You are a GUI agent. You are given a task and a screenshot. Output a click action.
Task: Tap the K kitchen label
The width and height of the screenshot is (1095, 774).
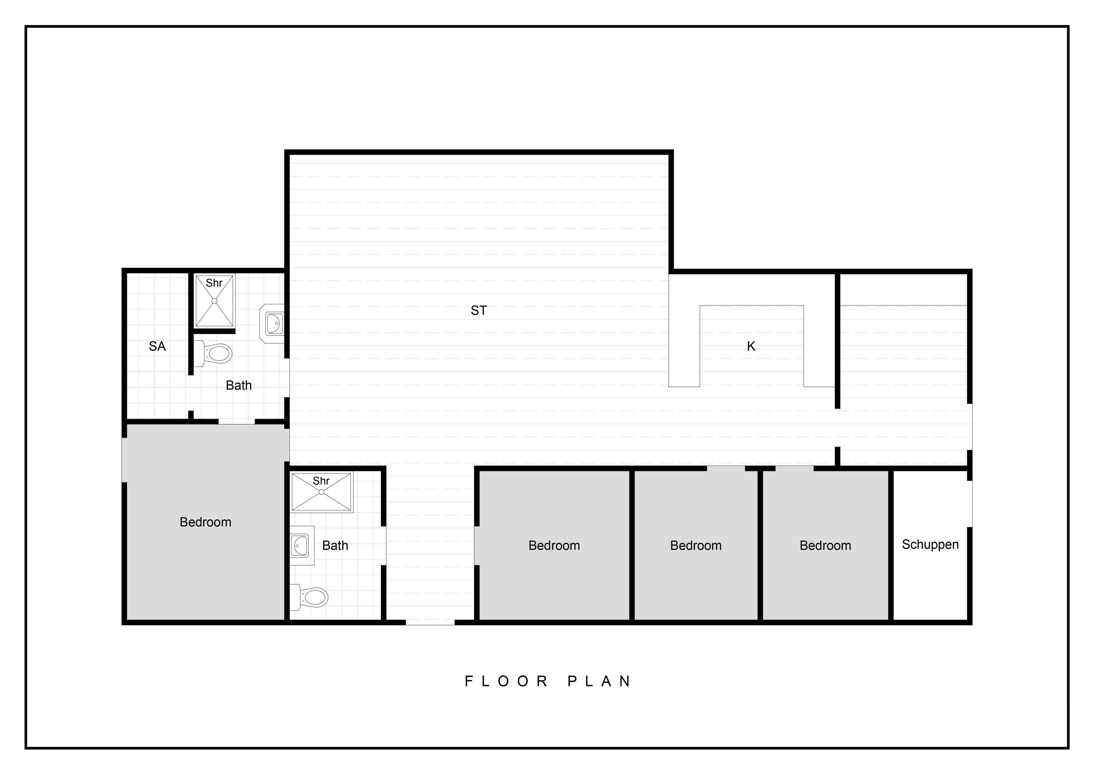(751, 346)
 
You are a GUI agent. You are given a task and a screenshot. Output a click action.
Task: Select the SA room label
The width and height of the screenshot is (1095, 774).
(157, 346)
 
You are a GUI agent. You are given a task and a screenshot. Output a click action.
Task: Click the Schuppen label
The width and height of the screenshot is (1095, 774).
(930, 545)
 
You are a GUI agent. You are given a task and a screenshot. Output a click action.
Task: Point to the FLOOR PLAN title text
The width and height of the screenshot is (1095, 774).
(548, 681)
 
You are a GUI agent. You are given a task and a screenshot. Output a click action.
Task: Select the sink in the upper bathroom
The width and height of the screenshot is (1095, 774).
(272, 324)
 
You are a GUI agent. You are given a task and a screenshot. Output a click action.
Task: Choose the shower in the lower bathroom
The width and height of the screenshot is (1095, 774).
(321, 493)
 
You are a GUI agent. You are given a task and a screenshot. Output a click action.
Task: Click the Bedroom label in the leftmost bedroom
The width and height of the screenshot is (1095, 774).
(206, 522)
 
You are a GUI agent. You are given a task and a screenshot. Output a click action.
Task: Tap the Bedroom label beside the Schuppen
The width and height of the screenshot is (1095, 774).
(825, 546)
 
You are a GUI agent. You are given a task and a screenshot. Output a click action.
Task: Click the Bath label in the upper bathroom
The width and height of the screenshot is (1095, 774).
(238, 385)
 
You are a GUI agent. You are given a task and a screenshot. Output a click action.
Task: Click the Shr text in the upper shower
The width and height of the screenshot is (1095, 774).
(214, 283)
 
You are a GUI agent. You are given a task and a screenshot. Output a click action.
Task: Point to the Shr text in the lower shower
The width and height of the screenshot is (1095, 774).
(321, 481)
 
